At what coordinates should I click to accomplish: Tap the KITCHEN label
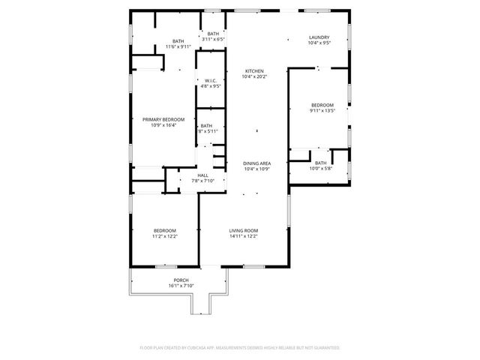click(254, 71)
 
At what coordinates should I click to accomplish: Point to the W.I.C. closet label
click(211, 81)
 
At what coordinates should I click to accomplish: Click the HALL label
click(203, 175)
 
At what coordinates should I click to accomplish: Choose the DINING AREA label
click(256, 163)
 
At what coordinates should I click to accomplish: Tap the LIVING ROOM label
click(244, 230)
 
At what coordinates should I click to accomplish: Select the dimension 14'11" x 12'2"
click(244, 236)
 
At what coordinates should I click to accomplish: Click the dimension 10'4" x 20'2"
click(254, 76)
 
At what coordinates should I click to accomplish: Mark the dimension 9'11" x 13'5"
click(322, 110)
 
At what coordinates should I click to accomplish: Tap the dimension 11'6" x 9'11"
click(178, 46)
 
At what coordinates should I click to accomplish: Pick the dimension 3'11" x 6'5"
click(214, 39)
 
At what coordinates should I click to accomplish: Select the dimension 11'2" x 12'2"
click(165, 236)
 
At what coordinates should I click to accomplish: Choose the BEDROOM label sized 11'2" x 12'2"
click(165, 230)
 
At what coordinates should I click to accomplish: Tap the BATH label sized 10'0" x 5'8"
click(320, 163)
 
